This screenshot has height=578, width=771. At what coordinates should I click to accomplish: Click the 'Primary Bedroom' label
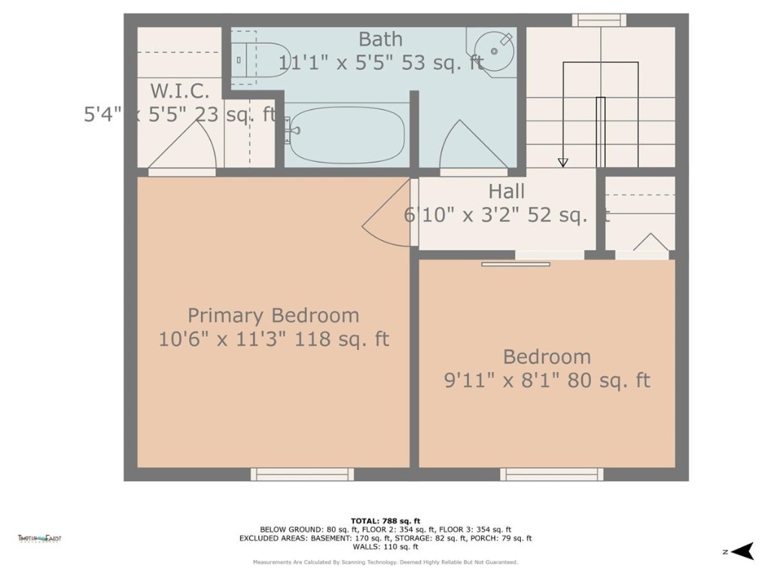point(273,315)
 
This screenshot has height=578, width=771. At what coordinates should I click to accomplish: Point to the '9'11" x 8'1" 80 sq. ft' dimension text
point(547,381)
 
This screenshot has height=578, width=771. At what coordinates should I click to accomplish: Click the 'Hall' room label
point(506,192)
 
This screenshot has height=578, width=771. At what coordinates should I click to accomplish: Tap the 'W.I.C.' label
point(178,91)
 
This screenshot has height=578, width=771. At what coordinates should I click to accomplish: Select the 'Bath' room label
point(380,39)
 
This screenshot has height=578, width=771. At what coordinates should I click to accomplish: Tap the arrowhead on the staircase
point(562,163)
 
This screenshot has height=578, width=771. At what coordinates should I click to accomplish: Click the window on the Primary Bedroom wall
point(302,474)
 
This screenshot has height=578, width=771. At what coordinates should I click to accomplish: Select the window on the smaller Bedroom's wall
point(552,474)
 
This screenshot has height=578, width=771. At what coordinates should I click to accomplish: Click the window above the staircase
point(599,20)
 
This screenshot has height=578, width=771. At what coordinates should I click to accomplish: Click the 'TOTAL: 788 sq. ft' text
point(385,521)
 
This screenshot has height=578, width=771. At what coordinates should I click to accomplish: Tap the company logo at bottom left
point(40,538)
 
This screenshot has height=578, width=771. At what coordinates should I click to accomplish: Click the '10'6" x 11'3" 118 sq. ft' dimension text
point(273,339)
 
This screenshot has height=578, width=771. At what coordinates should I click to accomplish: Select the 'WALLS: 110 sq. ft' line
point(385,547)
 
